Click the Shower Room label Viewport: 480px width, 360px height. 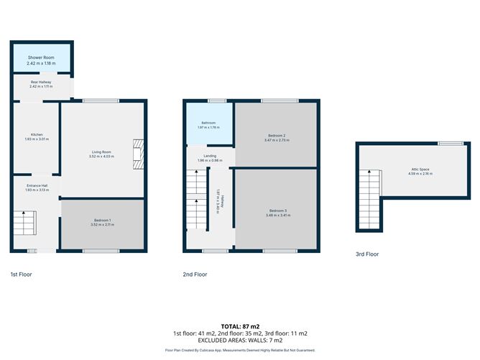[41, 57]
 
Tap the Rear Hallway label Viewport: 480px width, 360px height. [41, 83]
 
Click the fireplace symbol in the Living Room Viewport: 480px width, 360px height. [137, 154]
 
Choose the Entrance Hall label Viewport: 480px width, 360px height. [35, 185]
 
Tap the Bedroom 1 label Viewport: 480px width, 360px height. [102, 221]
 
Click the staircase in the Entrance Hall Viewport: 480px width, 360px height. [24, 223]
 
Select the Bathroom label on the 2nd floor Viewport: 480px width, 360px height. [208, 124]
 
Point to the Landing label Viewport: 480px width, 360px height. [210, 156]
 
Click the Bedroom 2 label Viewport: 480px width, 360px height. [277, 136]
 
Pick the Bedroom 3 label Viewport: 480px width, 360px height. [276, 211]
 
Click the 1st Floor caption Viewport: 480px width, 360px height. [21, 274]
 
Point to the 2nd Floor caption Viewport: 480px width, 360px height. [195, 274]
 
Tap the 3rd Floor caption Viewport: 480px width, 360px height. [366, 254]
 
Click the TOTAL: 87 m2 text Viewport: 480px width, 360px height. [240, 326]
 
